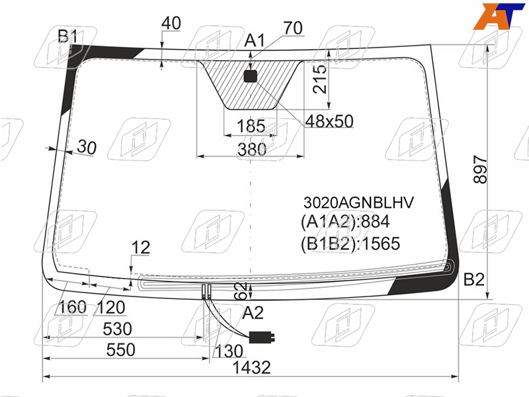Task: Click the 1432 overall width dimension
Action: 252,367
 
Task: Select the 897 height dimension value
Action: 481,169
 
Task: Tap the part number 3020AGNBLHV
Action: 358,202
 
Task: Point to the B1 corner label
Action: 67,36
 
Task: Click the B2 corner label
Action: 474,279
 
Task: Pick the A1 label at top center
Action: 255,40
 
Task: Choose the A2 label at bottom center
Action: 253,312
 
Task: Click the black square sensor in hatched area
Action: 251,77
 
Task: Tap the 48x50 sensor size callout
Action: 329,121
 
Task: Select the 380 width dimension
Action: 252,150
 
